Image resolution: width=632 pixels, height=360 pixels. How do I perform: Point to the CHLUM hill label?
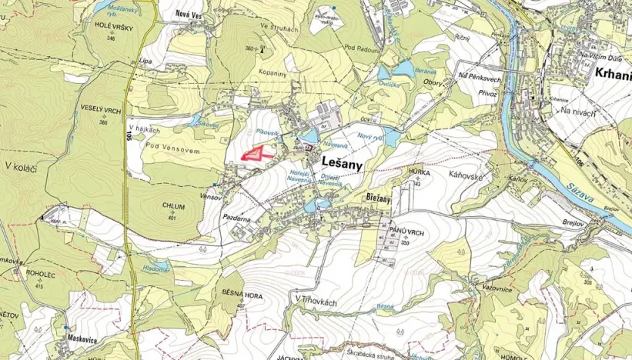[174, 206]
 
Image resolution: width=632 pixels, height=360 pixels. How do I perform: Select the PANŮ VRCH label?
[403, 231]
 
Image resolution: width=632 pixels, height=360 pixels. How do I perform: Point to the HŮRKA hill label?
[420, 173]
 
